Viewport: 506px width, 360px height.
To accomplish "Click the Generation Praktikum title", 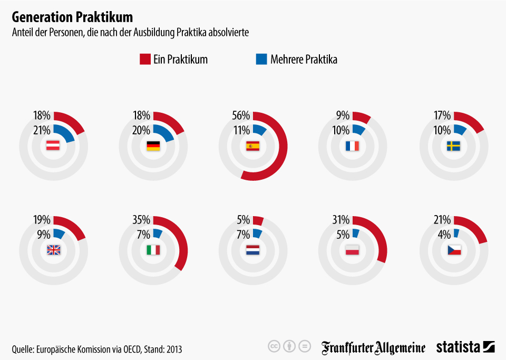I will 72,17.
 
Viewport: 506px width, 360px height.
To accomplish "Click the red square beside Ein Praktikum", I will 145,59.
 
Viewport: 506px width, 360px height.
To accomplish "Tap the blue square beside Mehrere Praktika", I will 261,59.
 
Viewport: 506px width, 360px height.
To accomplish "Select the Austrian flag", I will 53,147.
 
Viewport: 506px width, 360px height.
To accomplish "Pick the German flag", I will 153,147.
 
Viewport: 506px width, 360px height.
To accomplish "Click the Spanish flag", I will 253,147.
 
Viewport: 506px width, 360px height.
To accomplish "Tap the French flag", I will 353,147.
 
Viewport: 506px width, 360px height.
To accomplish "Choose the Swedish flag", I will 453,147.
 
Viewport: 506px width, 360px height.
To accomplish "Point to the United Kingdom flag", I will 54,250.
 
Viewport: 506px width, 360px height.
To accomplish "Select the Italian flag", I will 153,250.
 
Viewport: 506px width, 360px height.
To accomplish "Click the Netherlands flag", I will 253,250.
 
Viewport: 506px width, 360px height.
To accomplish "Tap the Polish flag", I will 353,250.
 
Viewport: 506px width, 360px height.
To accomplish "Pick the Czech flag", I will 453,250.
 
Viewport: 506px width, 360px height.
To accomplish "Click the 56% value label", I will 241,115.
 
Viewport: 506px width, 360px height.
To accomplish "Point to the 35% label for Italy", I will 141,220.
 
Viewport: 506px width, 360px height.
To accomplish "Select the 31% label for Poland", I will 342,220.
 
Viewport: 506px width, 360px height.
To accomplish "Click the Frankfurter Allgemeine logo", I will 373,347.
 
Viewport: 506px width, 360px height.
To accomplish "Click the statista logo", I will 465,347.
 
